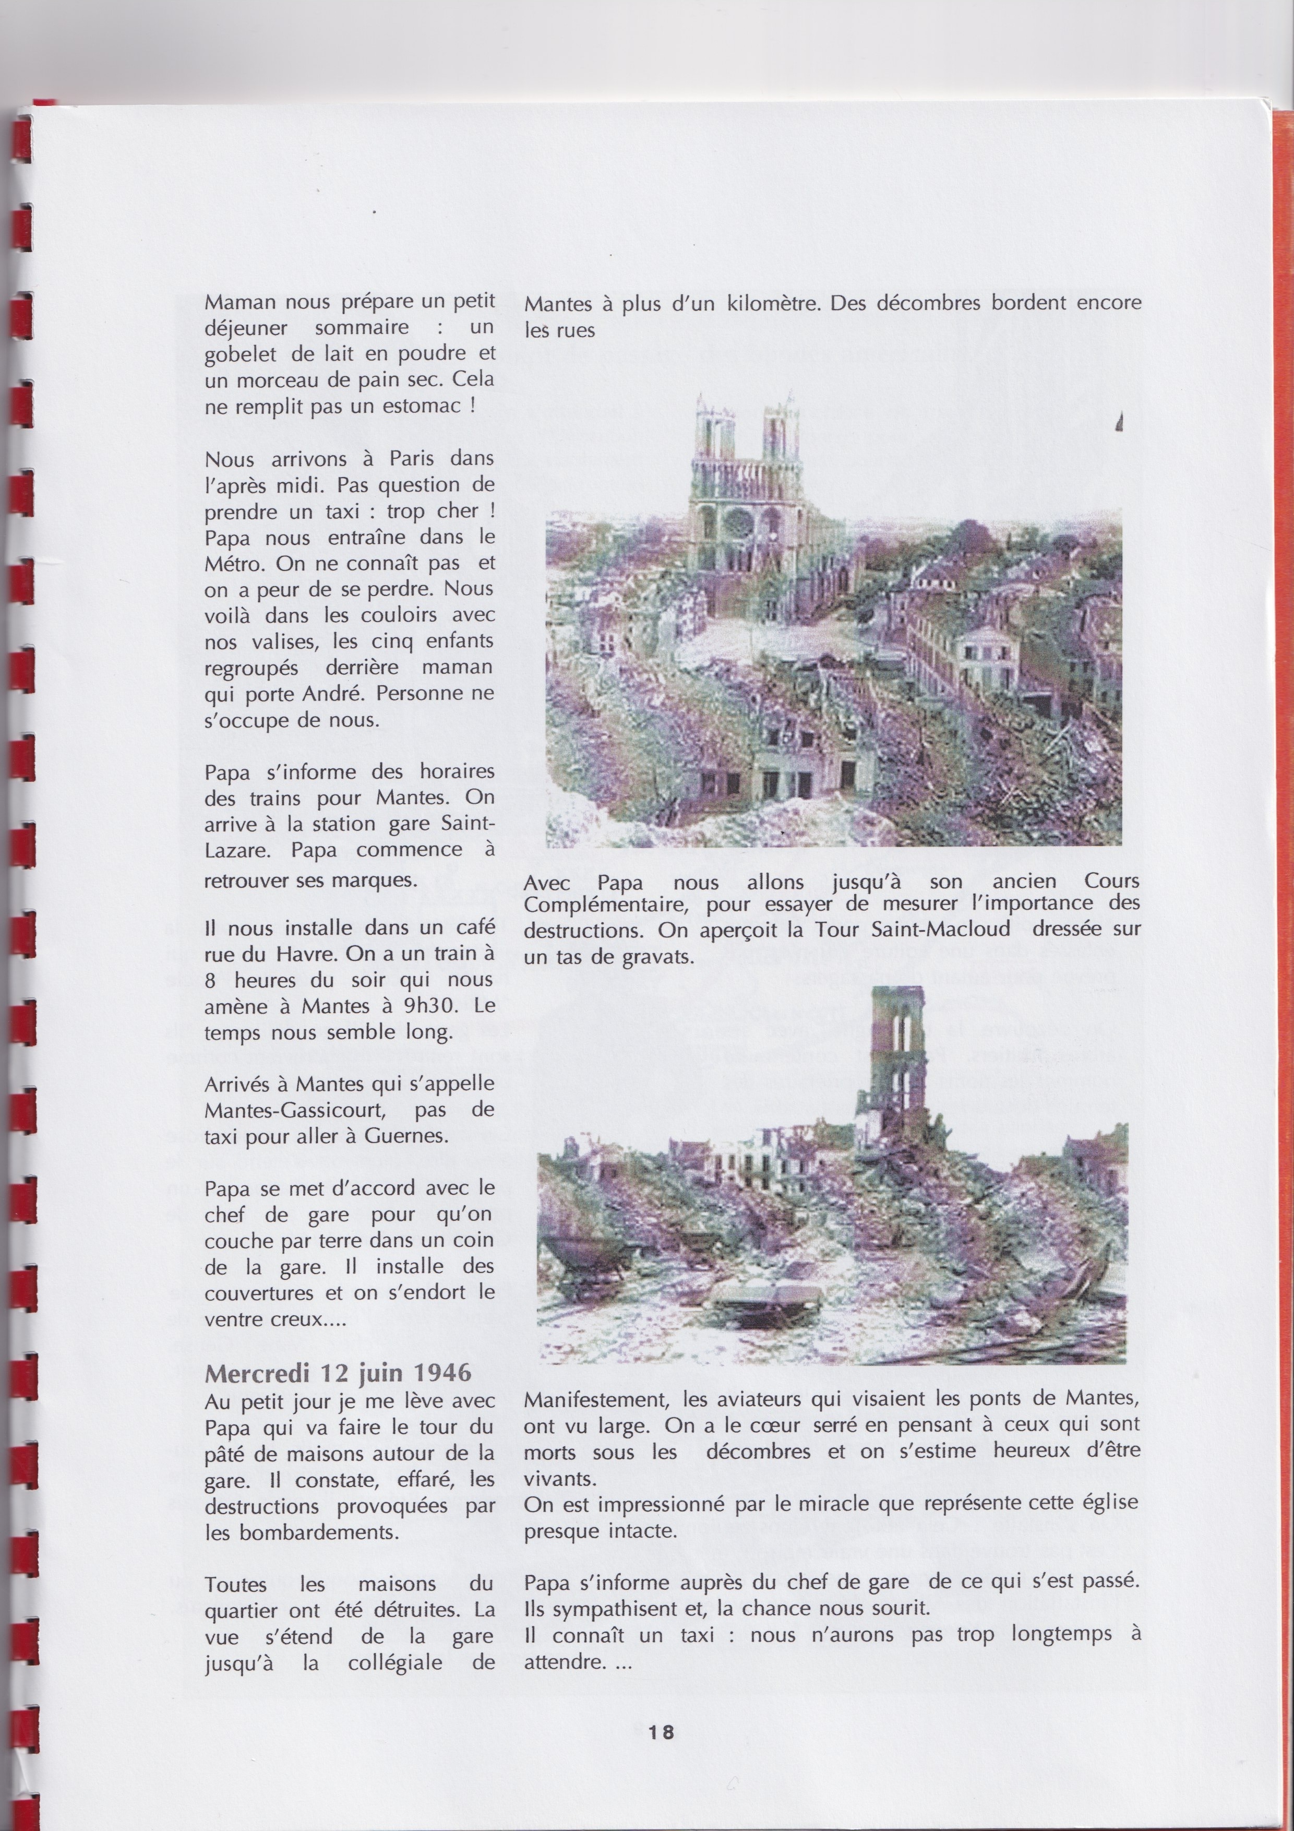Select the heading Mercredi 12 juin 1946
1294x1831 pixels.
(x=338, y=1372)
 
